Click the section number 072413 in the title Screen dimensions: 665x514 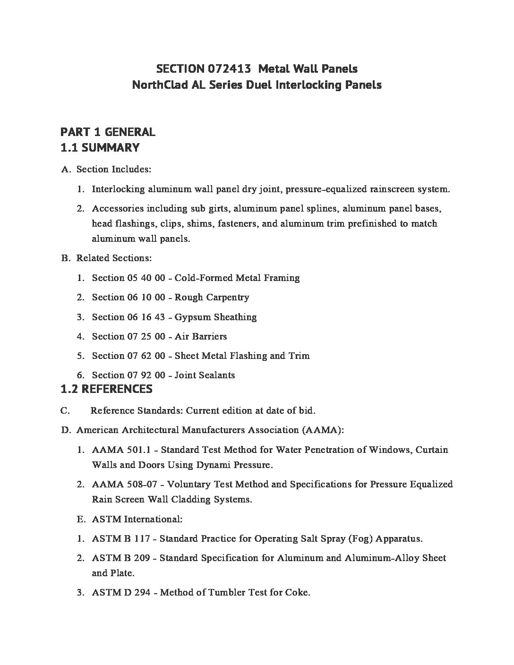point(227,69)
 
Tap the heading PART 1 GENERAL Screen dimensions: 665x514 point(108,132)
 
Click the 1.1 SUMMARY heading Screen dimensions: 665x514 point(100,147)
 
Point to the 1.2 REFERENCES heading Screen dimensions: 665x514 point(106,389)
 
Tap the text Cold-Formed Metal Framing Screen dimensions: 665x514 point(237,278)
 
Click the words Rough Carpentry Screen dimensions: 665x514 point(212,297)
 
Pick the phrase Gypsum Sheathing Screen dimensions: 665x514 point(215,317)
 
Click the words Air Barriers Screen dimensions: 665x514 point(200,336)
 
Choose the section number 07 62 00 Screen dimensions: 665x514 point(146,356)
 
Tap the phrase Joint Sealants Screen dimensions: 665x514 point(205,375)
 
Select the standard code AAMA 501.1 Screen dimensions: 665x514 point(118,450)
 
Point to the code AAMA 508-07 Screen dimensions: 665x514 point(120,484)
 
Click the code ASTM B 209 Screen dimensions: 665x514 point(121,558)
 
